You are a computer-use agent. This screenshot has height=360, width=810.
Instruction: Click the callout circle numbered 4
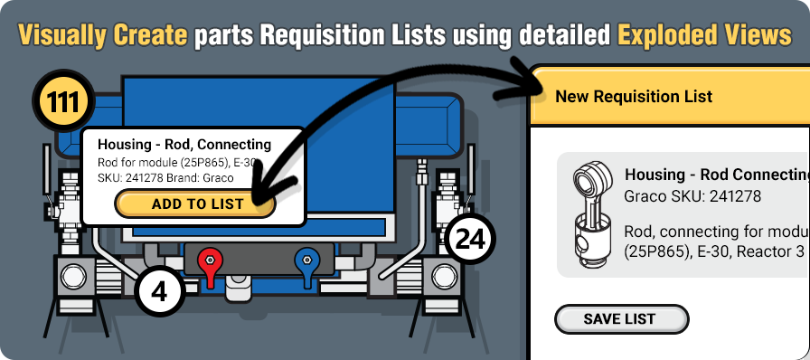tap(160, 295)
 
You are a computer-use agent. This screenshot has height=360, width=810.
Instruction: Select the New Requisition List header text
tap(634, 96)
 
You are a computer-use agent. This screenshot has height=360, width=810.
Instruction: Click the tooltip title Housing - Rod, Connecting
tap(184, 144)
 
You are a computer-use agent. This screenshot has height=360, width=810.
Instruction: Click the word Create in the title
tap(151, 35)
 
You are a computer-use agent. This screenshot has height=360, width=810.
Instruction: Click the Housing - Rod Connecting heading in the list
tap(715, 174)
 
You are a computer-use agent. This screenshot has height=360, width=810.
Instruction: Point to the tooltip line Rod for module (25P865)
tap(163, 162)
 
